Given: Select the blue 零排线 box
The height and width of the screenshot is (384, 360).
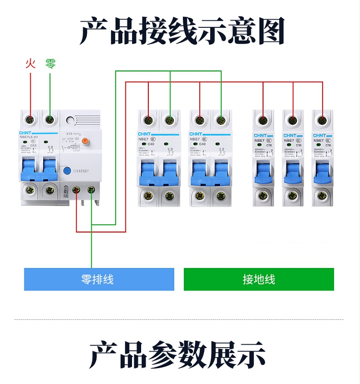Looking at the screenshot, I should pos(99,279).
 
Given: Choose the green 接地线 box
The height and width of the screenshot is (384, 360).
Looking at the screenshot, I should pos(259,279).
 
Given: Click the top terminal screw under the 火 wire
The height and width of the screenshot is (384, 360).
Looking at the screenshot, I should pos(30,119).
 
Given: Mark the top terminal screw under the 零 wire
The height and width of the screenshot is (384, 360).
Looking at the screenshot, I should pos(50,119).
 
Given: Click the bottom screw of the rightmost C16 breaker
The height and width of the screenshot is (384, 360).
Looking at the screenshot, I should pos(322,195).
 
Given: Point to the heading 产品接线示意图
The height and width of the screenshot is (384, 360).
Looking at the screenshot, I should pos(180,31).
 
